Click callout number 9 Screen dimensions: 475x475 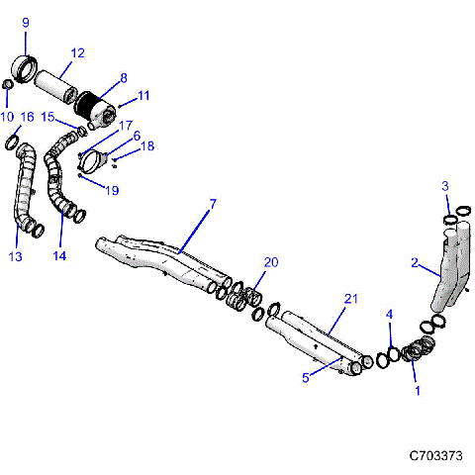coord(26,22)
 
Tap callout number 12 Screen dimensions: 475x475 coord(78,52)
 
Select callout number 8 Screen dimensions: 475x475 coord(123,77)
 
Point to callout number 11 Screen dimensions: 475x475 coord(143,95)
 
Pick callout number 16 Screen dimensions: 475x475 coord(27,117)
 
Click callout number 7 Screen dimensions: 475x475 coord(212,205)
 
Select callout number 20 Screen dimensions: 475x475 coord(270,261)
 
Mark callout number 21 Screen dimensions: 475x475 coord(349,299)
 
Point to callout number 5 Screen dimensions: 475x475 coord(307,377)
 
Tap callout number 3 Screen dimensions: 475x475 coord(445,186)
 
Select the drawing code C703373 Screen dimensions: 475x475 coord(435,456)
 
